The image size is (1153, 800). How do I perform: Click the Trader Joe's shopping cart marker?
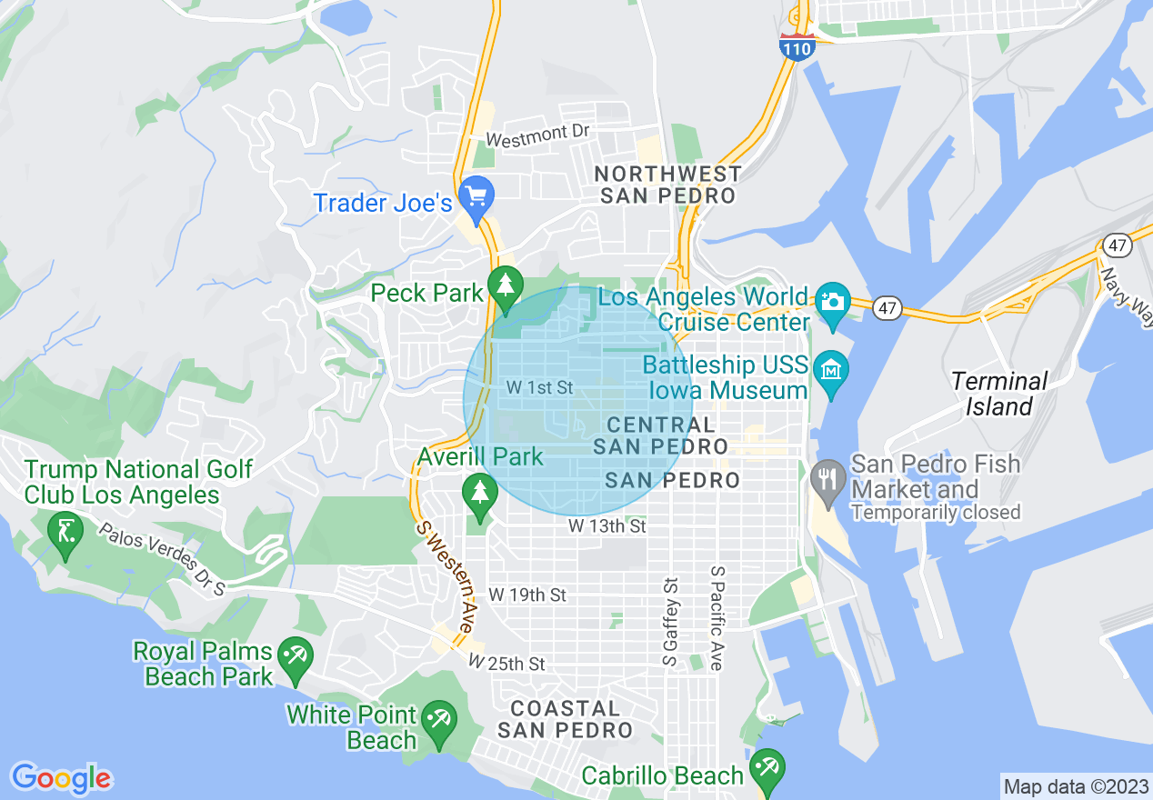(476, 194)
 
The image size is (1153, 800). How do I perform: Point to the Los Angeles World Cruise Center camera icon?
(832, 299)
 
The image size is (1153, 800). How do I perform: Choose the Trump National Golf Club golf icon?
(65, 528)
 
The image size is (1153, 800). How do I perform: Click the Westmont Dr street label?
(538, 135)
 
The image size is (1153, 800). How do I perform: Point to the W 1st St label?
(539, 387)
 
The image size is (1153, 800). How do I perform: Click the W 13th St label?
(607, 525)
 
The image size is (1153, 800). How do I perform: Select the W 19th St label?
(527, 595)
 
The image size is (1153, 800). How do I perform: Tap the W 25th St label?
(506, 664)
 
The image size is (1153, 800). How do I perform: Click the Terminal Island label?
(999, 394)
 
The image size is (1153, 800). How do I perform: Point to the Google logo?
(61, 777)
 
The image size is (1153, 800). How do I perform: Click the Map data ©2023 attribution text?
(1076, 785)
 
